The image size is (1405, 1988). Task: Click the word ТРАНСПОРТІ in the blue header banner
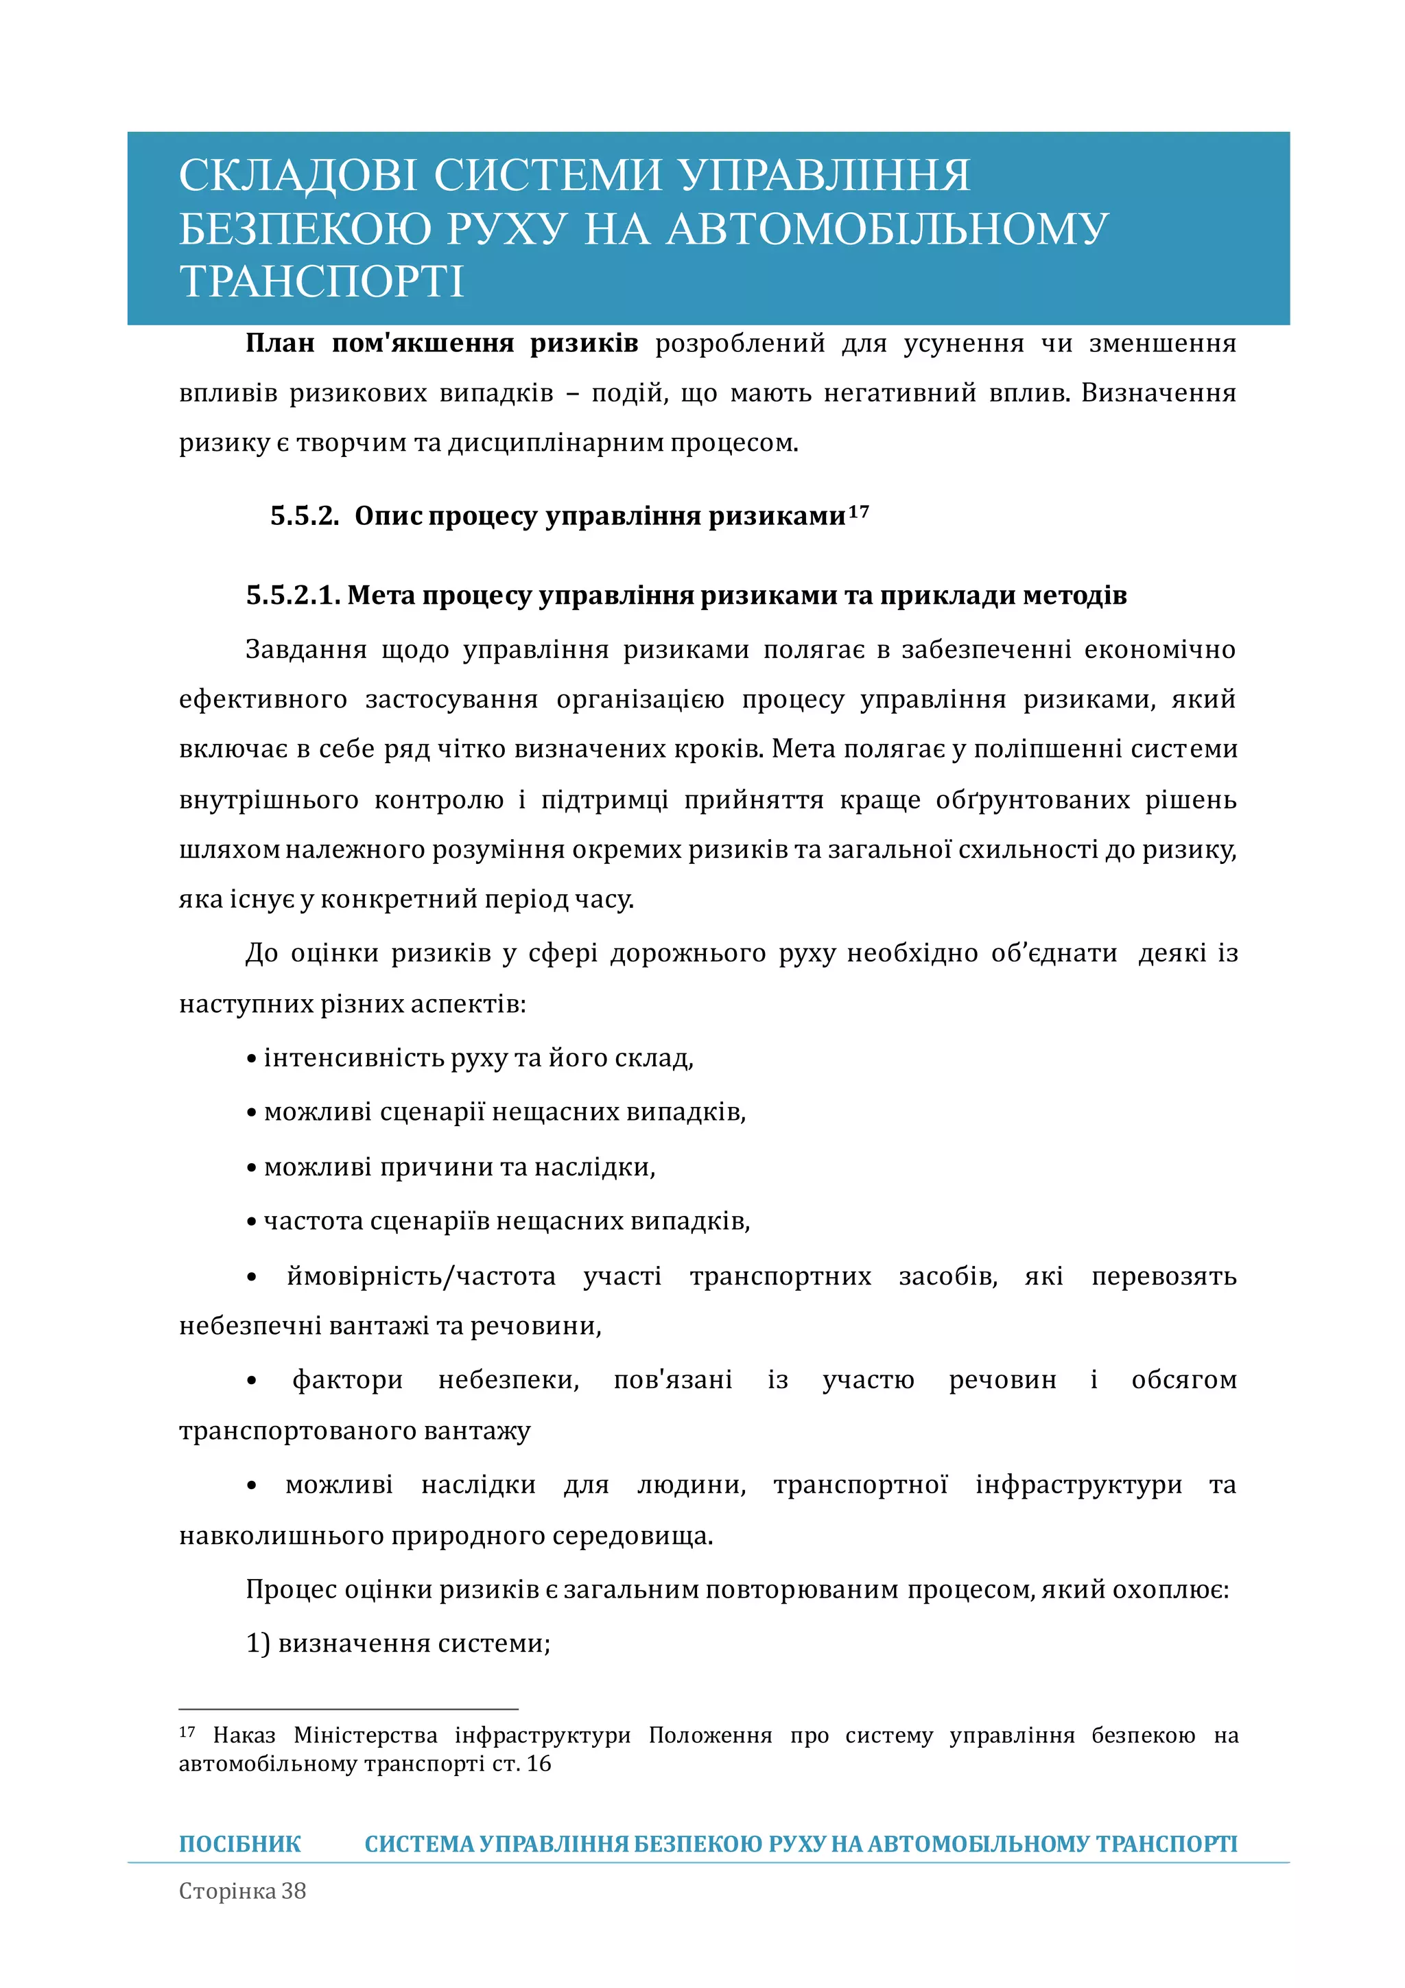(321, 282)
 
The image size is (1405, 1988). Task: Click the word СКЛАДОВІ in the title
(297, 175)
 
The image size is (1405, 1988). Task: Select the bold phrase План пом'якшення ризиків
(442, 344)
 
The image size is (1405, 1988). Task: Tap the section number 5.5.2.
(305, 516)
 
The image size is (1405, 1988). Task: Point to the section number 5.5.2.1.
(293, 596)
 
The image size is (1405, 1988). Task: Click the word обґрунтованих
(1032, 800)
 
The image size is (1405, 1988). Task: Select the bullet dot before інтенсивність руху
(252, 1060)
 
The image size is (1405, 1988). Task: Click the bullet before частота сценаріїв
(252, 1223)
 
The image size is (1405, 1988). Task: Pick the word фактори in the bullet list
(347, 1379)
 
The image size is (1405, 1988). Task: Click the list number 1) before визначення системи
(258, 1644)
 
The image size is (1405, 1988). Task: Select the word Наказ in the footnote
(244, 1736)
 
